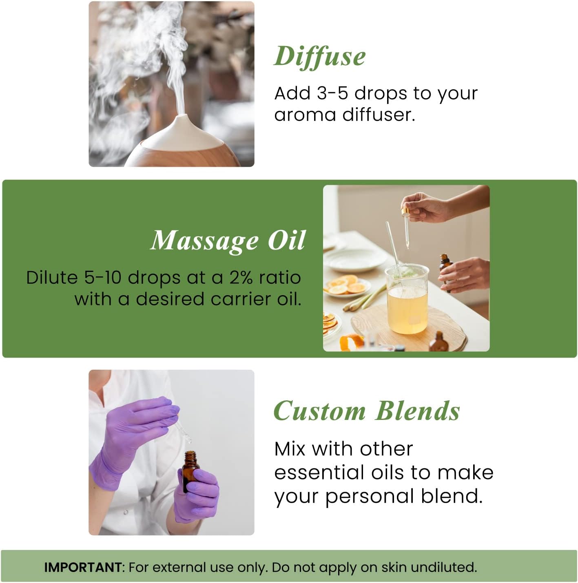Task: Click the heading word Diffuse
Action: point(319,56)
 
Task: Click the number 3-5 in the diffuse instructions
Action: point(332,93)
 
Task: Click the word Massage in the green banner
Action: point(204,241)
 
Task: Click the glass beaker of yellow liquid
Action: point(407,300)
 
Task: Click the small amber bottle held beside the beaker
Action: point(445,267)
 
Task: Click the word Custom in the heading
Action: point(319,411)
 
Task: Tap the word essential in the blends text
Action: point(319,473)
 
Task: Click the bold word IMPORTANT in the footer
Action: point(82,567)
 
